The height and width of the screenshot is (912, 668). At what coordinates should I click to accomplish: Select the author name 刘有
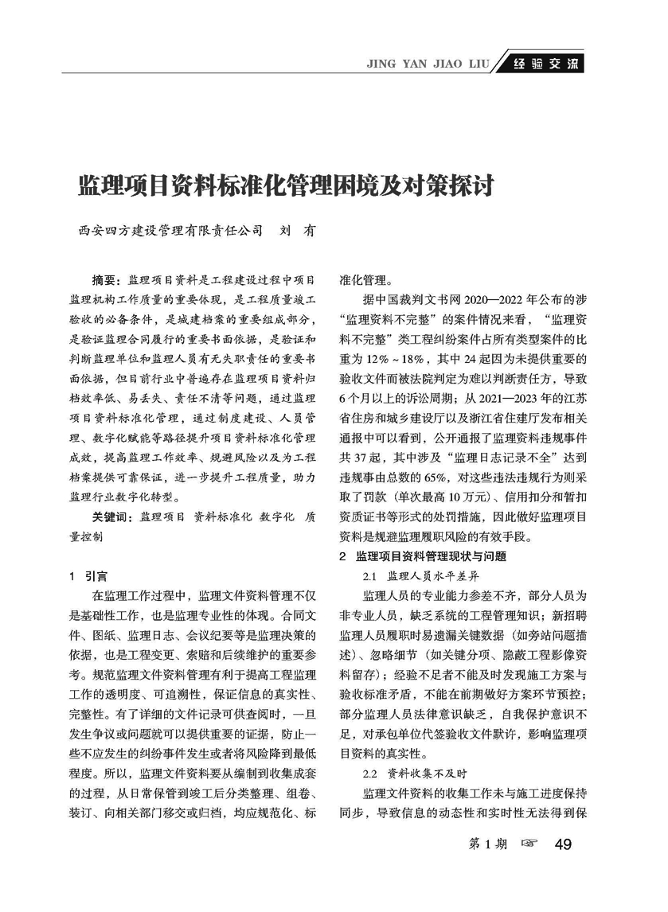click(298, 231)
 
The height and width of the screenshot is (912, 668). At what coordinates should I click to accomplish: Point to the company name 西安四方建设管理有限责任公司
click(170, 231)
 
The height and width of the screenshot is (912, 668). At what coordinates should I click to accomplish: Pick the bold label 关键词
click(112, 516)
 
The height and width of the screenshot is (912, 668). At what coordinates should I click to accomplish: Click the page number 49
click(564, 844)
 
